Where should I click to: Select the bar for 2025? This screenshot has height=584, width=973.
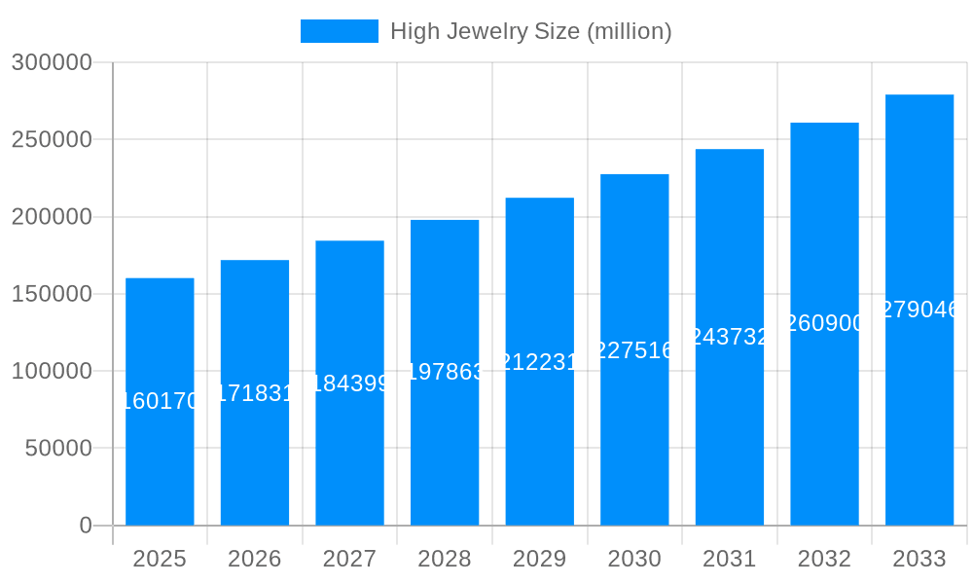[160, 457]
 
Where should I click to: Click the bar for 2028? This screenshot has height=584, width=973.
[445, 448]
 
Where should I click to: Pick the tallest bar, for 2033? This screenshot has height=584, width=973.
[919, 419]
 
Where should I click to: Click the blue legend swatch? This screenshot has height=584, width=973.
[339, 31]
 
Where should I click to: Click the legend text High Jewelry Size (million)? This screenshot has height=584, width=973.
[530, 31]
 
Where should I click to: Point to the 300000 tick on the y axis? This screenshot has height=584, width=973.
[52, 63]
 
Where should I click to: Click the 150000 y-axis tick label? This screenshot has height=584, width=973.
[52, 294]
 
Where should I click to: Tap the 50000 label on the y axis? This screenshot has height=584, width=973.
[57, 449]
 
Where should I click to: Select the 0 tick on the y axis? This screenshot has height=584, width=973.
[86, 526]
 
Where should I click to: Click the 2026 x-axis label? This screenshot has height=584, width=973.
[255, 559]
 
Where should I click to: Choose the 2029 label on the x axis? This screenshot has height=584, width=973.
[540, 559]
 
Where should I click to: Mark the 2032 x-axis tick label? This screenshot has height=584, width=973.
[824, 559]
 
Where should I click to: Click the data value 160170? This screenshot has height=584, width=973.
[160, 401]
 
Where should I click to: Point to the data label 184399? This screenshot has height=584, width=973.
[349, 383]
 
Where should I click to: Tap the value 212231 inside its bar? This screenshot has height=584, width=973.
[540, 362]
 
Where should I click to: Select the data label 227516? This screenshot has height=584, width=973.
[634, 350]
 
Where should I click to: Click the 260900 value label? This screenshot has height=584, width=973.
[824, 323]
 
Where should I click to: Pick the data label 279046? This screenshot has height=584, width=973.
[919, 310]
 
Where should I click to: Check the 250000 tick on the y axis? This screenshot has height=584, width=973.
[52, 140]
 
